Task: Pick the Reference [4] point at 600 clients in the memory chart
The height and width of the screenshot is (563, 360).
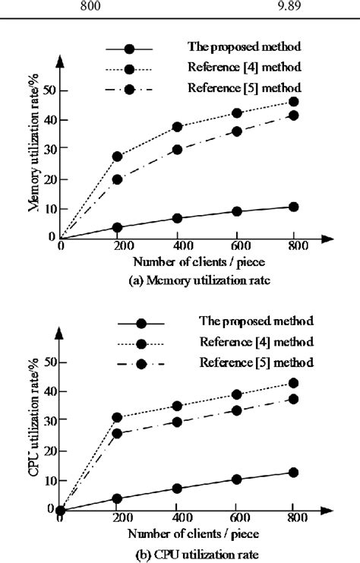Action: tap(237, 113)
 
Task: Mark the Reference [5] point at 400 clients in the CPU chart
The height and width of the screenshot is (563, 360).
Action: tap(178, 422)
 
